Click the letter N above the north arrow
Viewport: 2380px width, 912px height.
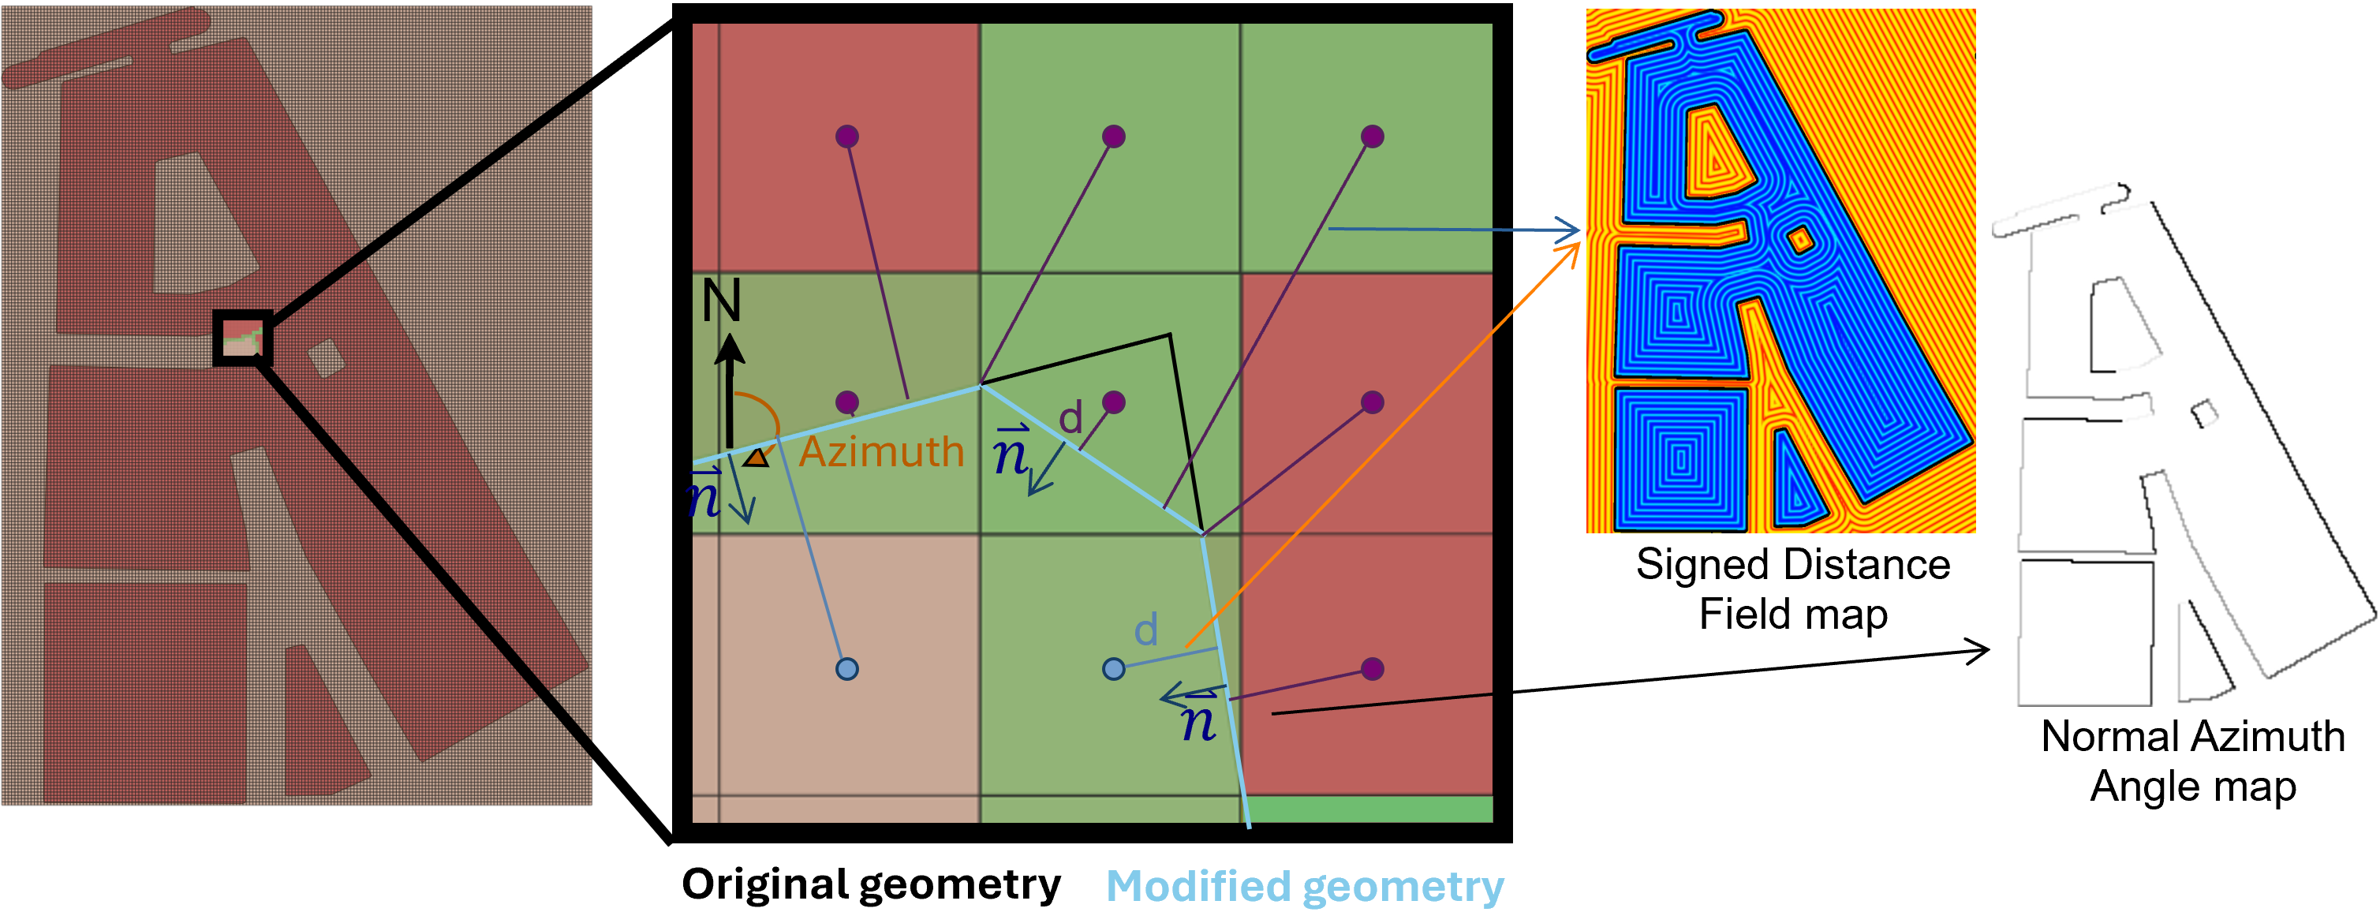(x=722, y=301)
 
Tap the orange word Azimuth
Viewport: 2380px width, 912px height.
(x=881, y=452)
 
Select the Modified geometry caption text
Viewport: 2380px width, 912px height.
(x=1305, y=886)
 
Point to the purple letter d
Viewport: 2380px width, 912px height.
(x=1070, y=419)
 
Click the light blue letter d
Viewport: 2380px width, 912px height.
(x=1145, y=630)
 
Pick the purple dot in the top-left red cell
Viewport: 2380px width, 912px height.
(x=846, y=136)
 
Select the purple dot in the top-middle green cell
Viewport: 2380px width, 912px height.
(x=1113, y=136)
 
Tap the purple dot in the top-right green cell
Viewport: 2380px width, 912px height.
(x=1372, y=136)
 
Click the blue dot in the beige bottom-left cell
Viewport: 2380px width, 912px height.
(x=846, y=668)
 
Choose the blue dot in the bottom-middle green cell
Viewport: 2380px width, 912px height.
(x=1113, y=668)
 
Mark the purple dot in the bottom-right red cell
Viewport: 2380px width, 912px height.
(x=1372, y=668)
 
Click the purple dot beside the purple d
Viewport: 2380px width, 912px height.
(x=1113, y=402)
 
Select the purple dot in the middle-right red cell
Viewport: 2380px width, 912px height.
(x=1372, y=402)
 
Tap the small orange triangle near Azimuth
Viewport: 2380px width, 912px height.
(x=757, y=458)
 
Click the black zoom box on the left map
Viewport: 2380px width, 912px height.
(x=243, y=338)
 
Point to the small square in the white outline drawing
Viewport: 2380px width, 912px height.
(x=2204, y=413)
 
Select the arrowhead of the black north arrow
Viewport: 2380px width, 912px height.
(x=730, y=349)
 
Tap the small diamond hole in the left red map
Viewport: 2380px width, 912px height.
(x=325, y=357)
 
